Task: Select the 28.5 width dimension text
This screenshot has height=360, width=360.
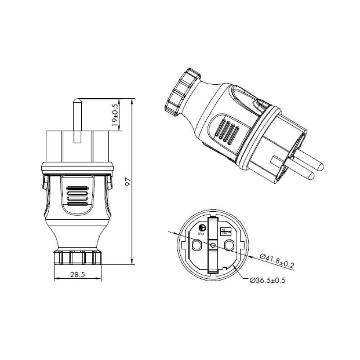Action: tap(77, 275)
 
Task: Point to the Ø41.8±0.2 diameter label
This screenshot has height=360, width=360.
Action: tap(276, 261)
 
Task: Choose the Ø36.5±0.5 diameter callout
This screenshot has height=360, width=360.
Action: tap(267, 280)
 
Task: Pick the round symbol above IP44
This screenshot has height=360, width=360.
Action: tap(202, 228)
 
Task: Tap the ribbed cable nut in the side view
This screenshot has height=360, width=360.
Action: tap(77, 258)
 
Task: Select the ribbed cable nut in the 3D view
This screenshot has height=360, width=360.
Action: tap(182, 92)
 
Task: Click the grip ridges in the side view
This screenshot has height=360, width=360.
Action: tap(77, 196)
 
